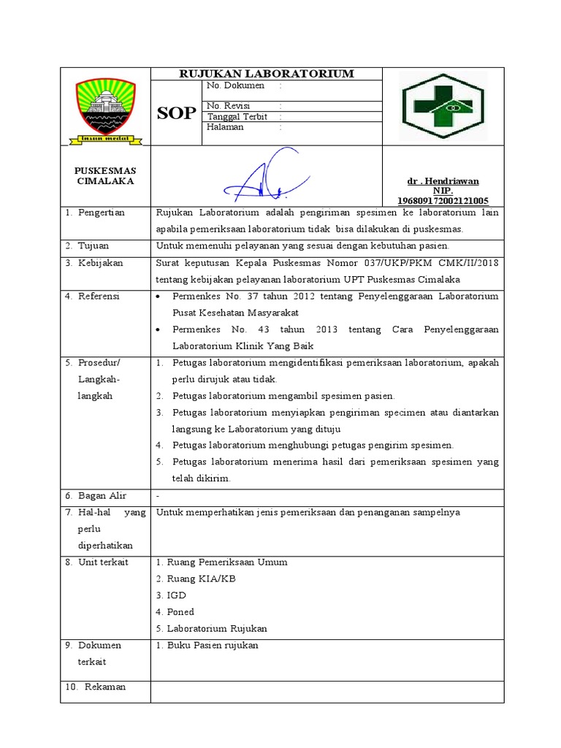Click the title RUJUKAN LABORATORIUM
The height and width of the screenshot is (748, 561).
pyautogui.click(x=267, y=74)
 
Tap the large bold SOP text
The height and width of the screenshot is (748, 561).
pyautogui.click(x=176, y=113)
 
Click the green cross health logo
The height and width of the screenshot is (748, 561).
pyautogui.click(x=443, y=107)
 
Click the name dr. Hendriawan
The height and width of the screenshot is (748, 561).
pyautogui.click(x=443, y=181)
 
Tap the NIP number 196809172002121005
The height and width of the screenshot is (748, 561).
pyautogui.click(x=443, y=200)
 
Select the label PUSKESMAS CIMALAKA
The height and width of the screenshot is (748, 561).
pyautogui.click(x=105, y=176)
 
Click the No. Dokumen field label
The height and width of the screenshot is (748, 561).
pyautogui.click(x=234, y=85)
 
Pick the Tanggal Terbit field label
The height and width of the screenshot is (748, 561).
pyautogui.click(x=237, y=117)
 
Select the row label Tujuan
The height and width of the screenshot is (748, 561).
pyautogui.click(x=95, y=245)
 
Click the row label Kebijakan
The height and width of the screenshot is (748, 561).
pyautogui.click(x=101, y=263)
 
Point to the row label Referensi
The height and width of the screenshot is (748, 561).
pyautogui.click(x=101, y=297)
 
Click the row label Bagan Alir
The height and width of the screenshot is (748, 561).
pyautogui.click(x=102, y=496)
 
